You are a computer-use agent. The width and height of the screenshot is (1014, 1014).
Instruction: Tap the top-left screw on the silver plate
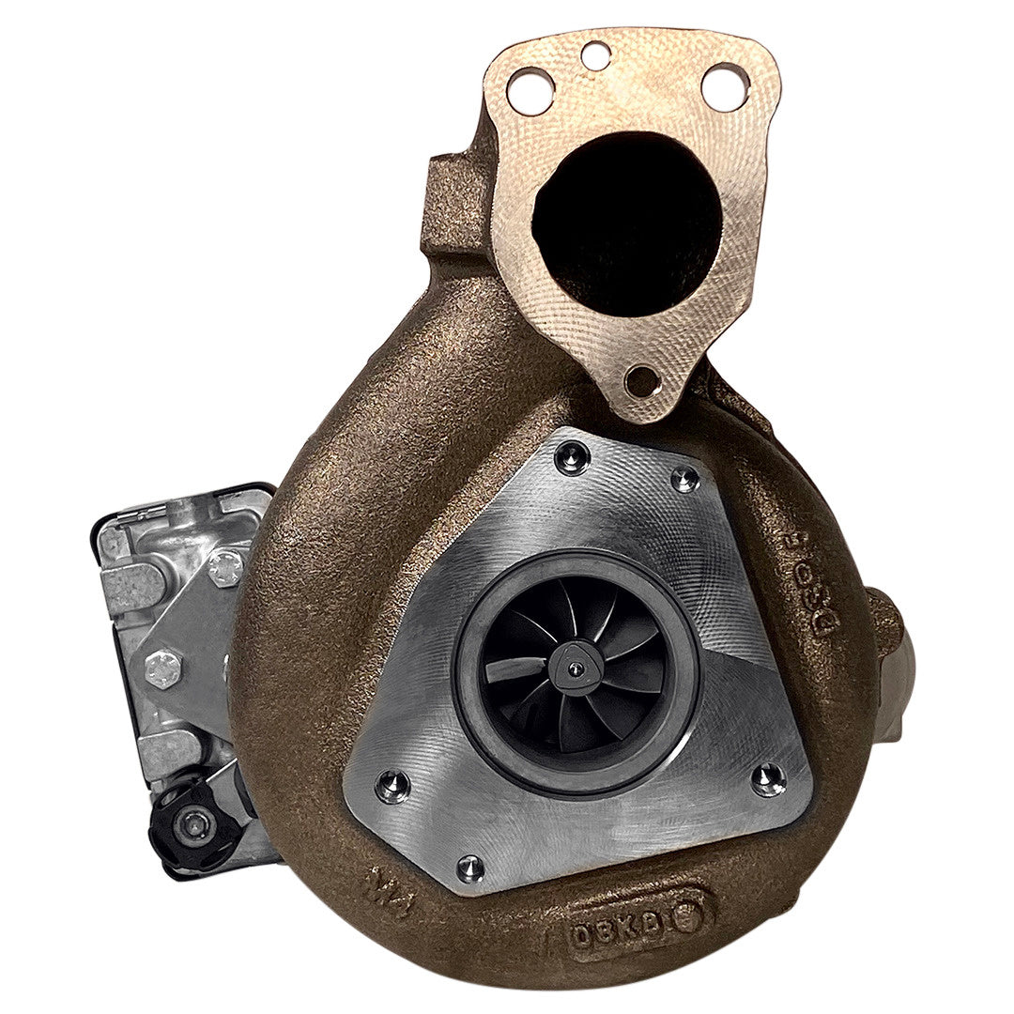[x=571, y=458]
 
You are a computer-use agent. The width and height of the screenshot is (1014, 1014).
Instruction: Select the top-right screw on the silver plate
[x=684, y=479]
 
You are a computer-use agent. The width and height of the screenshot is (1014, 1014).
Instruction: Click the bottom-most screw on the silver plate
[x=470, y=868]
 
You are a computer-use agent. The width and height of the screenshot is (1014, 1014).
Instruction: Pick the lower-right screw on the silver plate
[x=768, y=778]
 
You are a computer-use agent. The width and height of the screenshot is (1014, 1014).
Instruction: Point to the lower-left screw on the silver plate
[x=392, y=785]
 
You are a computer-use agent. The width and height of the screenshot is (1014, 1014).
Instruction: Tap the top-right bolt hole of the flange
[x=725, y=86]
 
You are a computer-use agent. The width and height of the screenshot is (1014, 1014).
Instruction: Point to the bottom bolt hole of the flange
[x=641, y=381]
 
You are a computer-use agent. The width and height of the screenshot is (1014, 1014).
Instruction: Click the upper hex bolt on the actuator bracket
[x=225, y=567]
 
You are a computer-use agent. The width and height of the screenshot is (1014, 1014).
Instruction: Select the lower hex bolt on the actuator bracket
[x=162, y=668]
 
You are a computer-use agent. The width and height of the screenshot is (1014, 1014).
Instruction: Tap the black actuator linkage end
[x=192, y=824]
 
